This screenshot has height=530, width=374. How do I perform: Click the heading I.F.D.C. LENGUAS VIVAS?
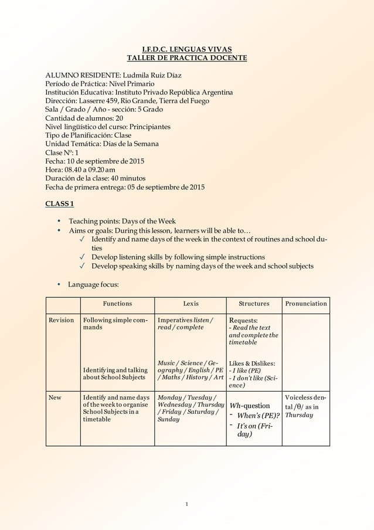[187, 49]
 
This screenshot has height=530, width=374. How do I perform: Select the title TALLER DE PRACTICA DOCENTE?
[187, 57]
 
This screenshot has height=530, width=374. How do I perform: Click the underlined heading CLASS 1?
[60, 203]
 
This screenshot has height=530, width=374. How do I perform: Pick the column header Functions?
[117, 304]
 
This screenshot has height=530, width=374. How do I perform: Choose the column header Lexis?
[191, 304]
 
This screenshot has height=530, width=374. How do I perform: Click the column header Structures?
[254, 304]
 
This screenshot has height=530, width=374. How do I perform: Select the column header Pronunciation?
[306, 304]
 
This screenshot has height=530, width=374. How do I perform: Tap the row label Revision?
[61, 320]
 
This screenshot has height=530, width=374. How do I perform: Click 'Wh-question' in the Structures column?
[250, 406]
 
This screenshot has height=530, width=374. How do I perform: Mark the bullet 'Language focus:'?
[94, 284]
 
